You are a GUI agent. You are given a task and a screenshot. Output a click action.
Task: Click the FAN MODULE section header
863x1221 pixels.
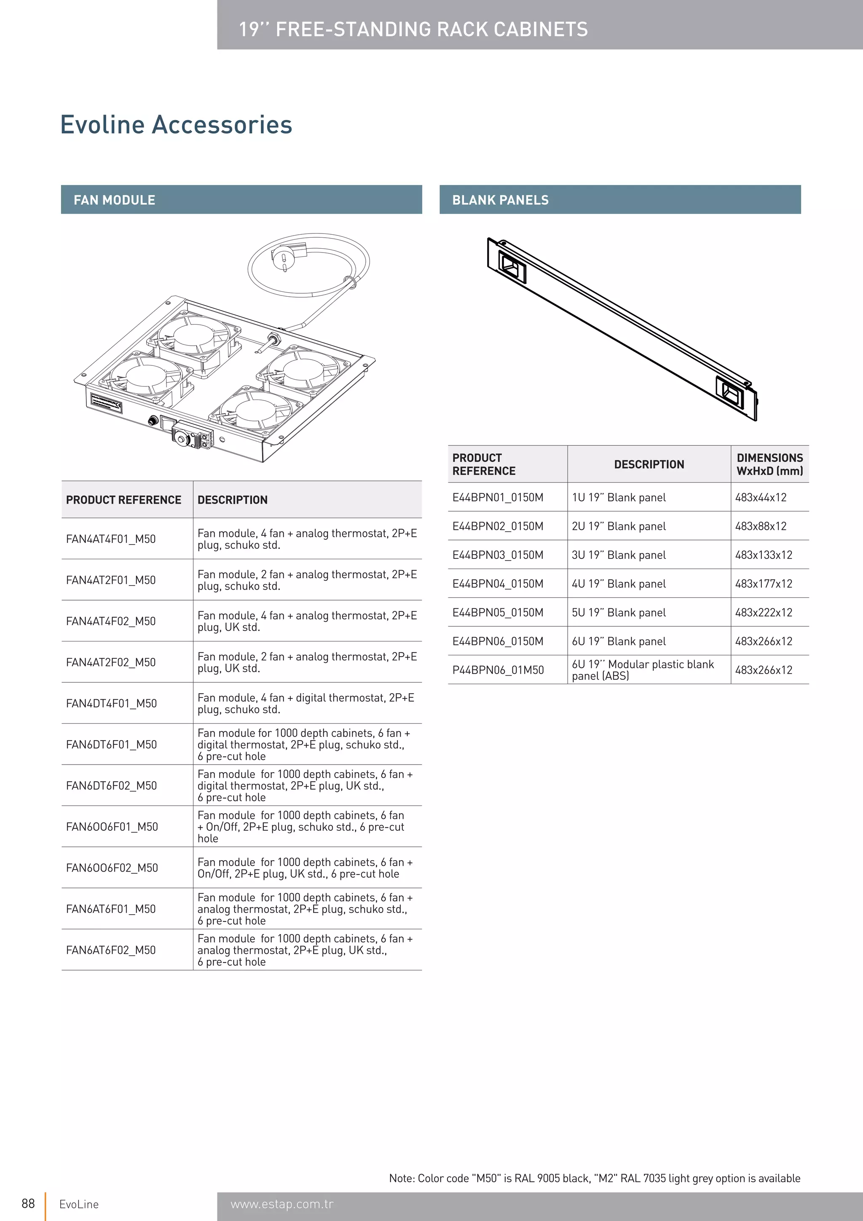[x=114, y=200]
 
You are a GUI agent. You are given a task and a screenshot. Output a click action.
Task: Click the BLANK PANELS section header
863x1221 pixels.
[x=500, y=200]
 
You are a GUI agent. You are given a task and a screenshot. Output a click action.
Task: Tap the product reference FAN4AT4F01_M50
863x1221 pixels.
[x=110, y=539]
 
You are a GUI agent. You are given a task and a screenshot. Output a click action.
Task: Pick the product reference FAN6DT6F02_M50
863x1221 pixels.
[x=111, y=786]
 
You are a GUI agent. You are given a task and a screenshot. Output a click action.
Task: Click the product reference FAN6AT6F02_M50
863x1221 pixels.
[x=110, y=950]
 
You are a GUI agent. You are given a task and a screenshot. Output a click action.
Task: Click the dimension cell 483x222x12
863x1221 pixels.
[x=763, y=612]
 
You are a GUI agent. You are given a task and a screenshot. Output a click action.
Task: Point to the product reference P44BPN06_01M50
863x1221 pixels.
[x=498, y=670]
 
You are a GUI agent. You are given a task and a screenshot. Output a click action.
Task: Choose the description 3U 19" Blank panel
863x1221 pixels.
[x=619, y=555]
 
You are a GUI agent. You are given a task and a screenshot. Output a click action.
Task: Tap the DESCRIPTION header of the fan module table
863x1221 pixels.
[x=232, y=500]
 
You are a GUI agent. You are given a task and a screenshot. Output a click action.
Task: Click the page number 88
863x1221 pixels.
[x=28, y=1203]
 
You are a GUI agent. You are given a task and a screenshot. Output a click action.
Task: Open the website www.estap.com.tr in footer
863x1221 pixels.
[x=282, y=1204]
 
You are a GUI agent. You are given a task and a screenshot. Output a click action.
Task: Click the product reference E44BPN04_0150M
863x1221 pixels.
[x=498, y=583]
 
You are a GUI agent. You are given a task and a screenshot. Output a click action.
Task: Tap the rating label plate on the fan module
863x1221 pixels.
[x=106, y=403]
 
